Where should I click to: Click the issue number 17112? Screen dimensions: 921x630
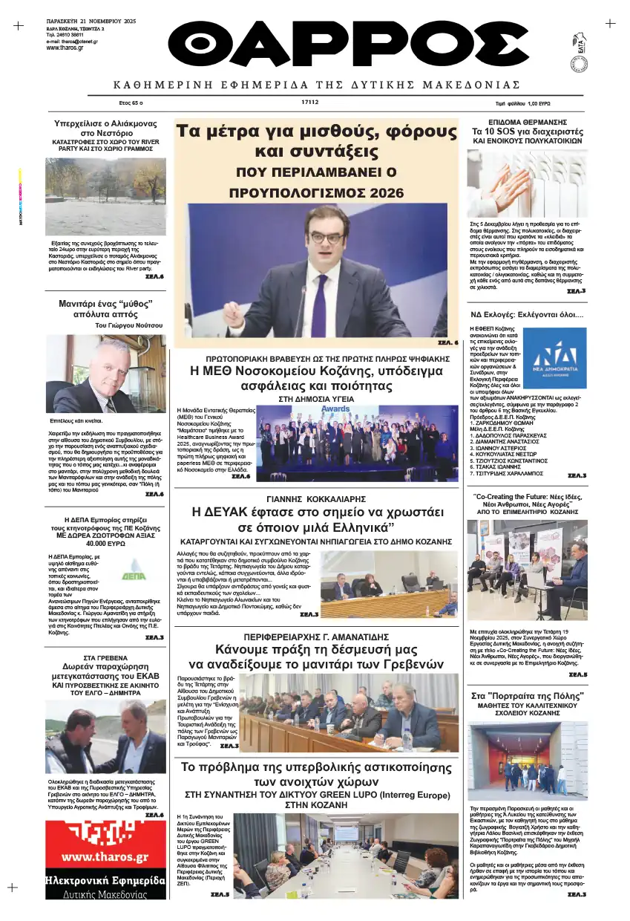coord(310,102)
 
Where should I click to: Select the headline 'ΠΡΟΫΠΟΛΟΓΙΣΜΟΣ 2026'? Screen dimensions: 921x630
coord(315,192)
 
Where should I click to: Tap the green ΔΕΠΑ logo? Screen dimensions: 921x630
coord(134,570)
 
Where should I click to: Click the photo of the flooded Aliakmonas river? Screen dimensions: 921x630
coord(105,196)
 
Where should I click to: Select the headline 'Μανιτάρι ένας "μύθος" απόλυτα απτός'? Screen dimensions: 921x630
coord(105,308)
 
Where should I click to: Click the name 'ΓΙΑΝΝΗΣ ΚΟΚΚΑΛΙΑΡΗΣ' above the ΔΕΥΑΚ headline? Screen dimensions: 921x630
coord(315,498)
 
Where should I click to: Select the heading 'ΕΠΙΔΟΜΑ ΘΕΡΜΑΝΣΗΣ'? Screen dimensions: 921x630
coord(528,121)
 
